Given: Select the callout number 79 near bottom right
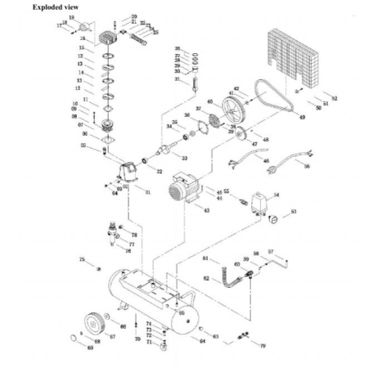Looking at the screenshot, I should (263, 347).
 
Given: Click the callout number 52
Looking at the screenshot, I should (334, 98).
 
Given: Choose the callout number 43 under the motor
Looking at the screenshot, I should (206, 211).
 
